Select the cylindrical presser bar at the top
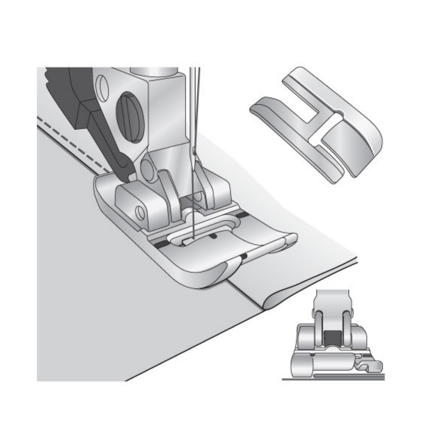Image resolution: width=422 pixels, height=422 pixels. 154,70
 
